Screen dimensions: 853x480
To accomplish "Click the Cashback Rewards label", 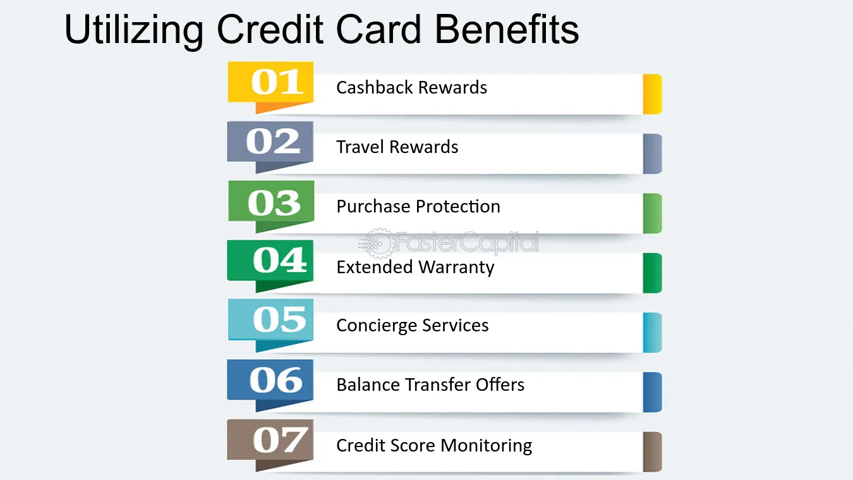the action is coord(411,87).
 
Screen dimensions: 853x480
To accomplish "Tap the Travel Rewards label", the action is coord(397,147).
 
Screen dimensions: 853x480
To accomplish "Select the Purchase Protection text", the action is coord(418,206).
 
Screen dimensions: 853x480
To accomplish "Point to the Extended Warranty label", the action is coord(415,267).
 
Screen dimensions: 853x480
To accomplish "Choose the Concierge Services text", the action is coord(413,326).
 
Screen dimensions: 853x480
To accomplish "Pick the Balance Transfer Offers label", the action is coord(430,385).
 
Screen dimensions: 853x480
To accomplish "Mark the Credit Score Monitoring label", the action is coord(434,445).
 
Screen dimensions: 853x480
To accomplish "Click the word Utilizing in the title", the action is coord(134,30).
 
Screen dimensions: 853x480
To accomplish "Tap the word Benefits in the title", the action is coord(507,29).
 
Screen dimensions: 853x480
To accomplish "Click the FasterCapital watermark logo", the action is coord(449,242).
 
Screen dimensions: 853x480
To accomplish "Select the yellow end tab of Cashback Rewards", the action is coord(652,94).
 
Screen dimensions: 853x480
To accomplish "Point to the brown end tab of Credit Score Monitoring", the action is coord(652,452).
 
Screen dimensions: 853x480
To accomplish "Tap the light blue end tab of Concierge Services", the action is coord(652,333).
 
